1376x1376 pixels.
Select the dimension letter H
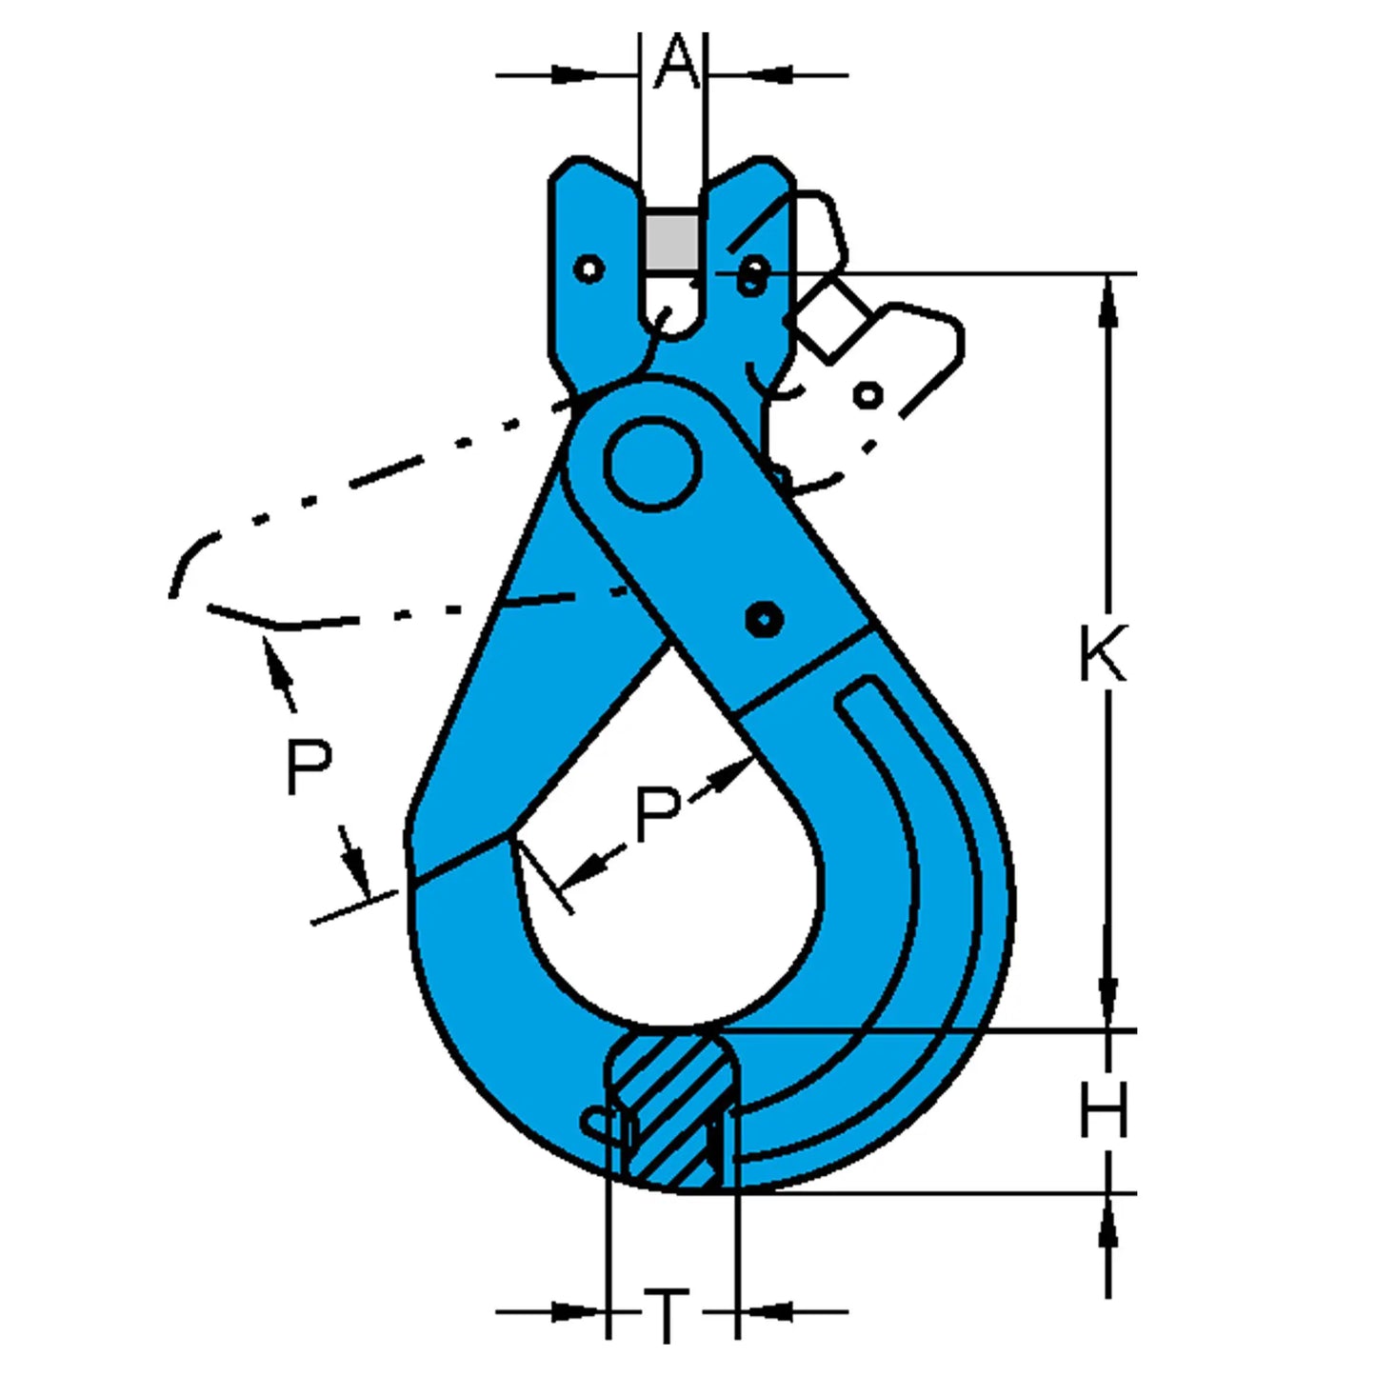coord(1104,1110)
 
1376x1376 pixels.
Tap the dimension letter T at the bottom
coord(668,1315)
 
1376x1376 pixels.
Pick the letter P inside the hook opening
coord(657,814)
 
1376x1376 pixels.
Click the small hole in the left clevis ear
coord(590,269)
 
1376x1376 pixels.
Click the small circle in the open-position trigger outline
coord(867,394)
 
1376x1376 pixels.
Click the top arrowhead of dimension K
coord(1108,295)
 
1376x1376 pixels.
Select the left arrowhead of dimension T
coord(575,1312)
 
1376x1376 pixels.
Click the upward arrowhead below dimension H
coord(1108,1228)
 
